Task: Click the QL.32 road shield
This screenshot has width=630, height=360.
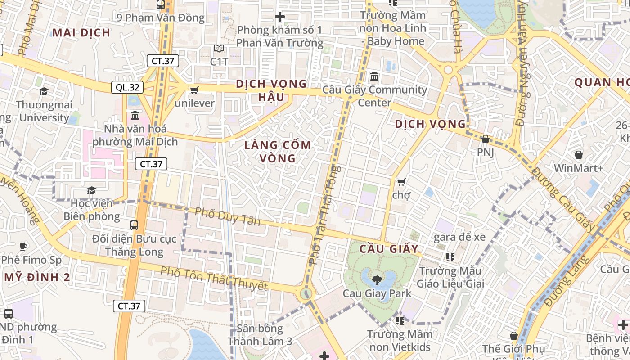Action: point(124,87)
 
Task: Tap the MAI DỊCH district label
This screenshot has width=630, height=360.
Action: point(81,32)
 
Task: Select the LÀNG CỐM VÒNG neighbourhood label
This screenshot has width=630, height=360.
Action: point(277,152)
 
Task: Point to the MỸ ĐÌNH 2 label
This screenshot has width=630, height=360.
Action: point(37,277)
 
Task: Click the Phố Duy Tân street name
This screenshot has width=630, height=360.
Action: point(228,216)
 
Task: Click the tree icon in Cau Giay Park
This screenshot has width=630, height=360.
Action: point(377,280)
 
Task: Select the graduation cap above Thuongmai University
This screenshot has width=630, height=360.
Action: point(44,92)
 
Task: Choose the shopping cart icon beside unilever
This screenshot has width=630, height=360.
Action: point(194,90)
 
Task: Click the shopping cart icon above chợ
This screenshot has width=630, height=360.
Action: point(401,182)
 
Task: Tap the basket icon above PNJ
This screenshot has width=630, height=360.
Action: point(485,139)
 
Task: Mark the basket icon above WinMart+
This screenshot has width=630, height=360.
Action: point(578,155)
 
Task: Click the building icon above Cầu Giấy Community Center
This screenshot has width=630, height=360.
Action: point(374,76)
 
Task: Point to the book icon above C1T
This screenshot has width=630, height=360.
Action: point(219,48)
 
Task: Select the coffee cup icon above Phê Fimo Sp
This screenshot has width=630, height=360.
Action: point(23,247)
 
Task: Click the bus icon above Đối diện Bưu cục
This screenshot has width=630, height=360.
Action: point(134,225)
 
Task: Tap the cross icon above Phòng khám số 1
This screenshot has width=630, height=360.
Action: point(280,17)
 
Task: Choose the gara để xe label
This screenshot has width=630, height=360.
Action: point(459,237)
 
